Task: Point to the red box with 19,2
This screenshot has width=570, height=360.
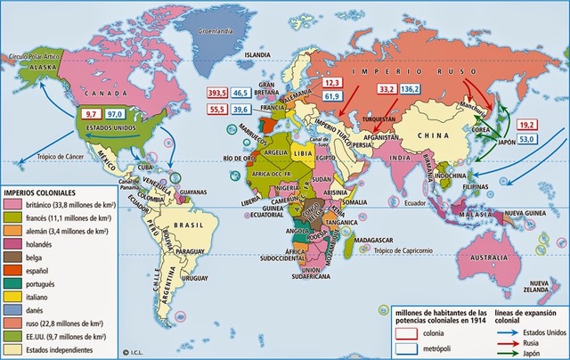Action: click(x=527, y=125)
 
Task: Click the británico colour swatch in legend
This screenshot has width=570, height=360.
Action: click(x=15, y=204)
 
